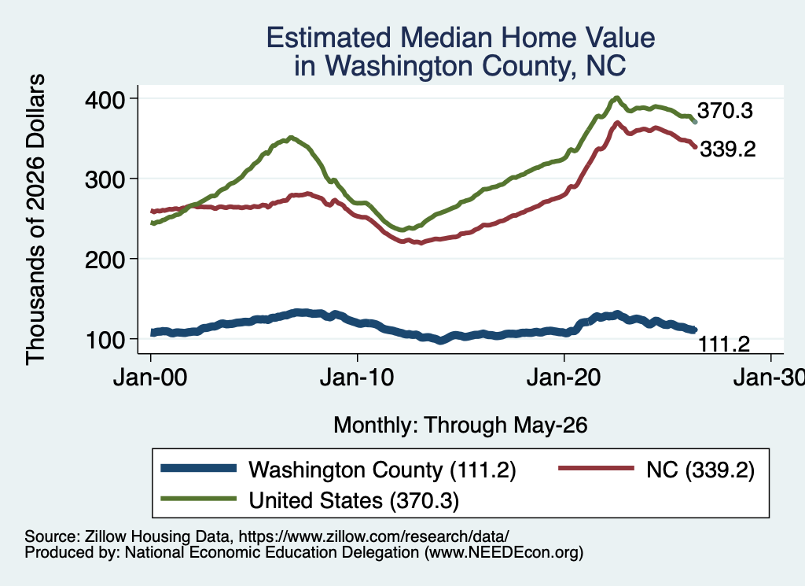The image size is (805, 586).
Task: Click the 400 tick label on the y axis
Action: point(105,99)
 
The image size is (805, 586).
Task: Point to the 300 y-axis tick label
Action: point(105,179)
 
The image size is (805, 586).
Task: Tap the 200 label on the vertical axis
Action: point(105,260)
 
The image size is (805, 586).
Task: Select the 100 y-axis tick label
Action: point(105,340)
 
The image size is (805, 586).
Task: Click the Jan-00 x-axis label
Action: point(150,378)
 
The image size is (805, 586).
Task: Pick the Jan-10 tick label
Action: point(358,378)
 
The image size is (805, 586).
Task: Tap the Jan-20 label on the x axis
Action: point(564,378)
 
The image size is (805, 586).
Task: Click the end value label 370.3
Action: point(725,110)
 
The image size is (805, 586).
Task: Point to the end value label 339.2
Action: point(728,149)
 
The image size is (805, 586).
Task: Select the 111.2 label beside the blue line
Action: point(724,344)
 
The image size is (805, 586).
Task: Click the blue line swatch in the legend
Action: point(199,468)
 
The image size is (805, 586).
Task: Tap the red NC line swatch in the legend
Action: point(596,468)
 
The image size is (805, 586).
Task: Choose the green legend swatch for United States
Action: point(199,499)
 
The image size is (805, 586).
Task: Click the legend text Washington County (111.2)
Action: point(383,470)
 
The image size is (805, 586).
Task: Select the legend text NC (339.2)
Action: point(700,470)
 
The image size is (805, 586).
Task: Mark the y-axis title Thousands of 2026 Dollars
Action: point(35,219)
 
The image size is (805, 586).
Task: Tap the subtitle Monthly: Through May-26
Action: point(461,426)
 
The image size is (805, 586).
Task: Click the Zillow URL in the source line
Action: point(373,536)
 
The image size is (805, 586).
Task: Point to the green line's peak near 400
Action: point(616,98)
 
